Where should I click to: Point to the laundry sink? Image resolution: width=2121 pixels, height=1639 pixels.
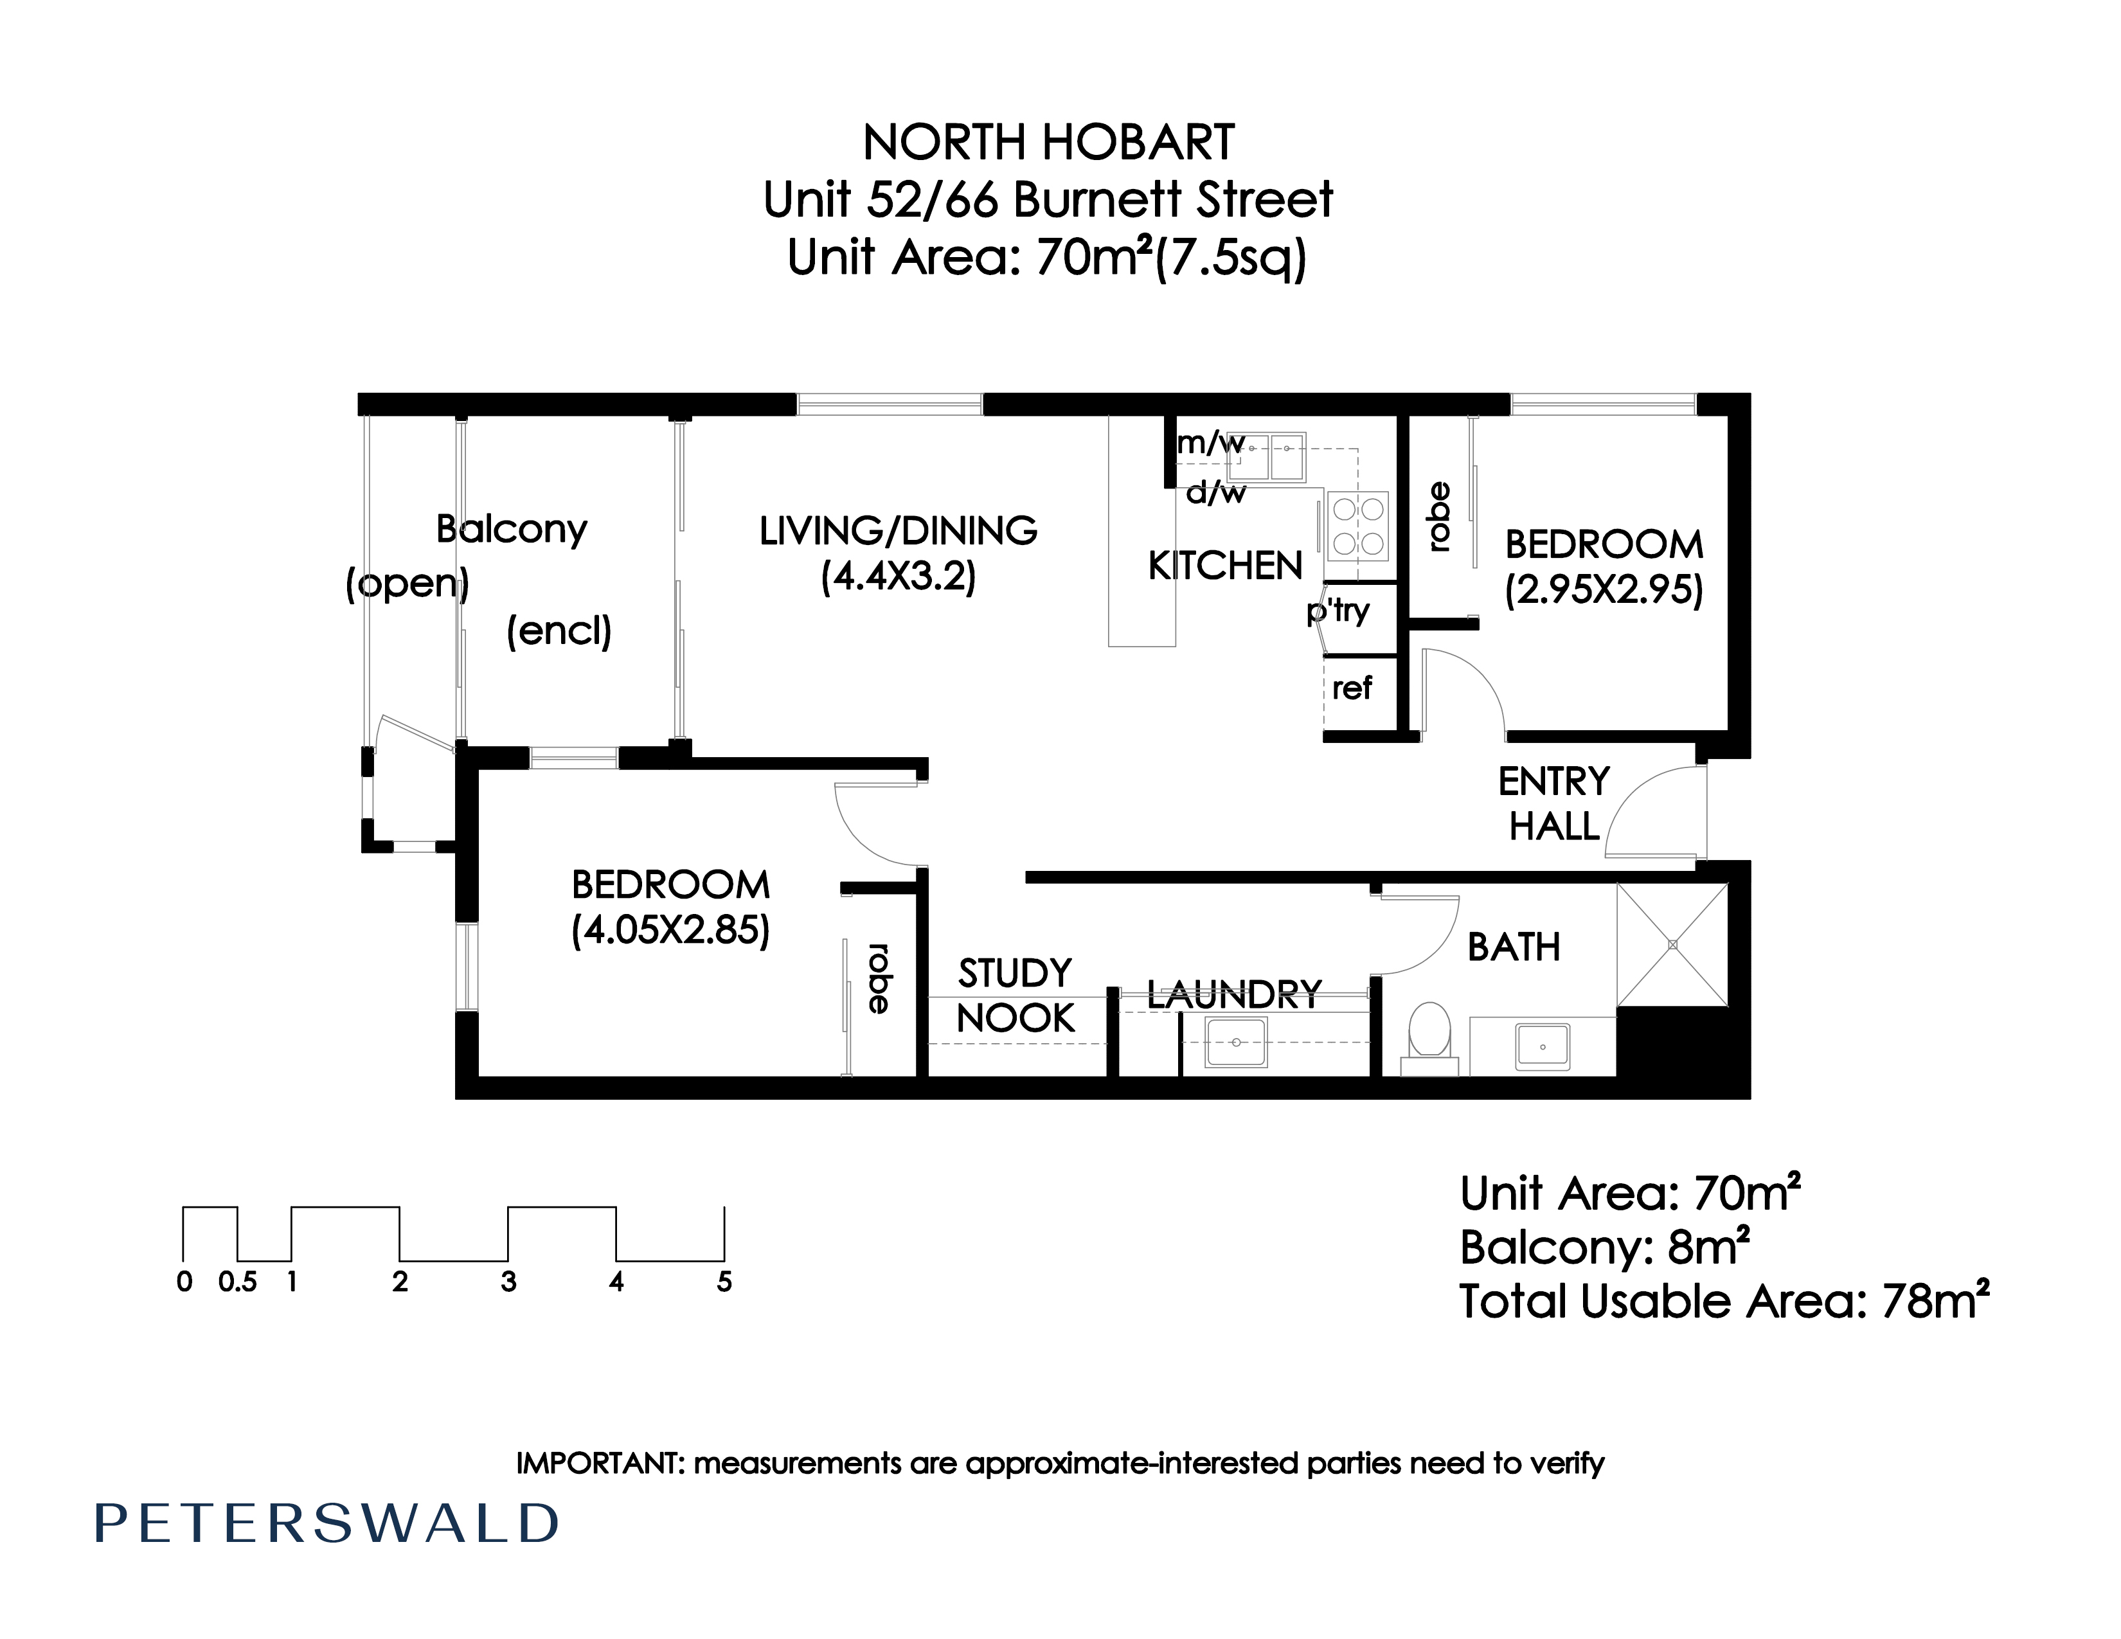pyautogui.click(x=1236, y=1042)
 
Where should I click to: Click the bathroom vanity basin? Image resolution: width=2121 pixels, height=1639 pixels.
pyautogui.click(x=1543, y=1046)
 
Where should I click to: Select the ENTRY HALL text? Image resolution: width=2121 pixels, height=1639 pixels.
pyautogui.click(x=1554, y=803)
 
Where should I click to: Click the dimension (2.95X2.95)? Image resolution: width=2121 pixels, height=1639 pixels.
pyautogui.click(x=1604, y=589)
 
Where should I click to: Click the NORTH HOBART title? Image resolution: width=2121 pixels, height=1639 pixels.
pyautogui.click(x=1049, y=143)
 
